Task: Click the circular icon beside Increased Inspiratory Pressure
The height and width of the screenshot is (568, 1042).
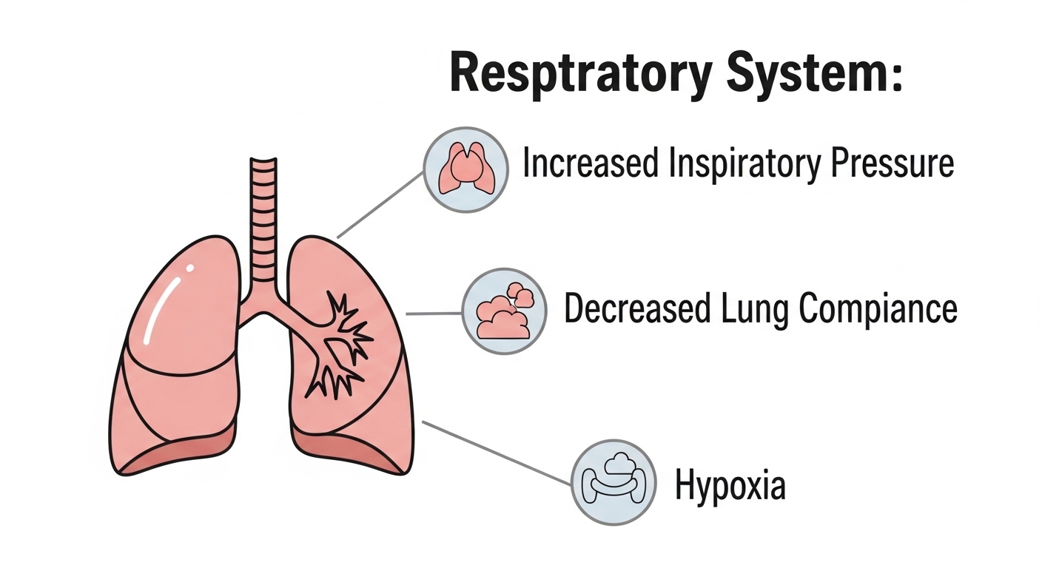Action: (x=465, y=169)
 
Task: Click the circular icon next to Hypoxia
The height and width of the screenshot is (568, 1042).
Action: (x=614, y=483)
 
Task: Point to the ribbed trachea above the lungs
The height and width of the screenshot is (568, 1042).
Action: (x=263, y=222)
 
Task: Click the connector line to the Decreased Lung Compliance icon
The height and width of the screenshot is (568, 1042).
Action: (x=434, y=314)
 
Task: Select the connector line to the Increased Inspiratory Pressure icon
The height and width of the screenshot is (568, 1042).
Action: (x=381, y=205)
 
